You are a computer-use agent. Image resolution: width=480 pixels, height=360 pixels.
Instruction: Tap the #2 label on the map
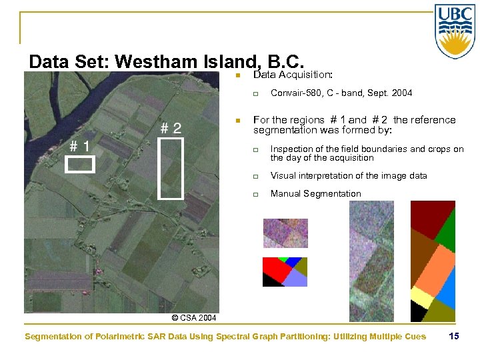170,128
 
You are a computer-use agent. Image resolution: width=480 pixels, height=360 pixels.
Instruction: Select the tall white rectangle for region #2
171,169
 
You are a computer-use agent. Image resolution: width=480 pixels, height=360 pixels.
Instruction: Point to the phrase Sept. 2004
390,93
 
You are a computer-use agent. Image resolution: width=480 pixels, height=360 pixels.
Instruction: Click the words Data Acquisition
293,75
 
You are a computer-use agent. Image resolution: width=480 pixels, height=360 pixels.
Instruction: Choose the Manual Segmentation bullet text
315,194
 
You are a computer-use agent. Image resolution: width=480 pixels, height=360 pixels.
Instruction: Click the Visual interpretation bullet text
349,176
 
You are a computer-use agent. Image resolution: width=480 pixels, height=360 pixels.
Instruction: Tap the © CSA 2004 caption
194,318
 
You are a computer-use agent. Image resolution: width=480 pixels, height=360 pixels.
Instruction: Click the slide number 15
454,336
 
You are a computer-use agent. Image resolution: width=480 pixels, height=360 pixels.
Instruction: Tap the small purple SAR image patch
285,233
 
